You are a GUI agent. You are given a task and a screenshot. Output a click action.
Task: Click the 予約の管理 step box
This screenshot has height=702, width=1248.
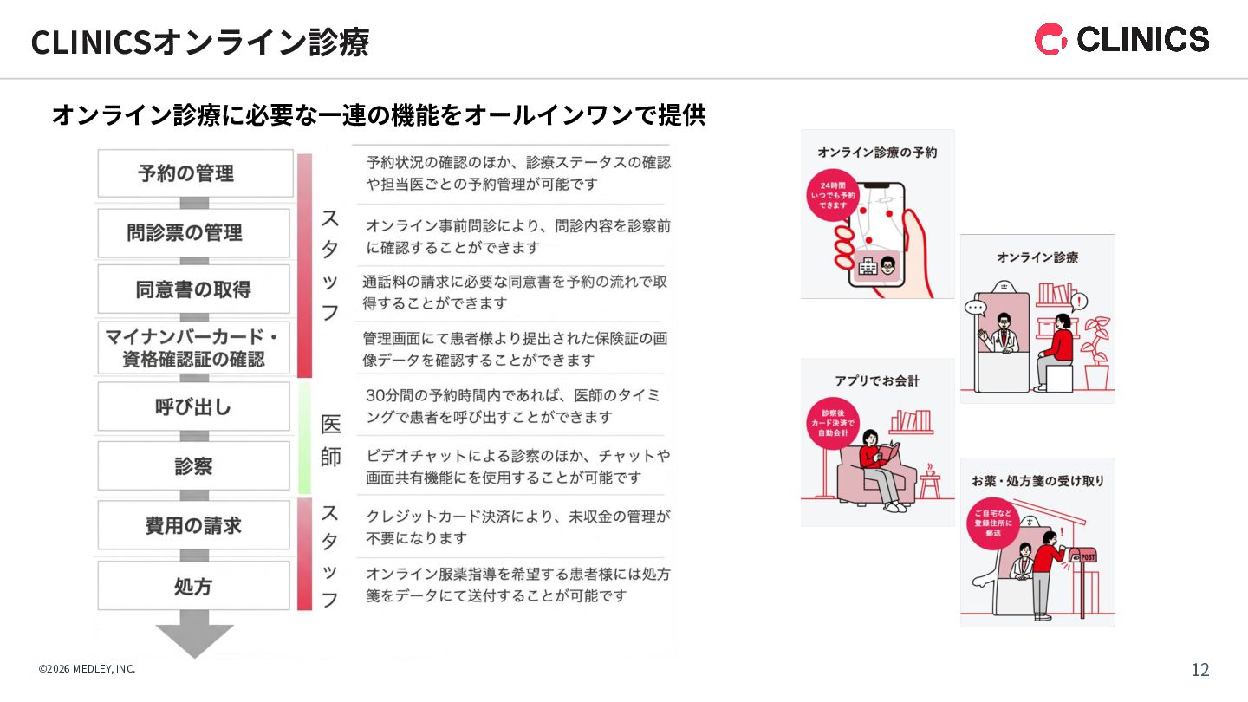[x=194, y=173]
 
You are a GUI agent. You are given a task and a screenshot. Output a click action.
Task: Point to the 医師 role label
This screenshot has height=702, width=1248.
[x=331, y=440]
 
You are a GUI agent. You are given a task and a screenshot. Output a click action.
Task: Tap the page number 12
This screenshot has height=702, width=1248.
[x=1200, y=670]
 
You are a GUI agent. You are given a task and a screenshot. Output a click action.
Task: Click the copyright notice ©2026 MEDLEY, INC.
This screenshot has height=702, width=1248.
[x=87, y=669]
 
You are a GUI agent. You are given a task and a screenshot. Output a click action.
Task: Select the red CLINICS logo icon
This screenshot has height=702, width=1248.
[x=1050, y=39]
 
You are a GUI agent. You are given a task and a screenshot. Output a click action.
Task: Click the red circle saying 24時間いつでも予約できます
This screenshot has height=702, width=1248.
[x=832, y=195]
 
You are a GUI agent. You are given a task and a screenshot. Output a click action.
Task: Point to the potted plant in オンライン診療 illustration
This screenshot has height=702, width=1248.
[x=1096, y=351]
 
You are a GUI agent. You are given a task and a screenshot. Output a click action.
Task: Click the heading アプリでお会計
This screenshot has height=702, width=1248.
[x=877, y=380]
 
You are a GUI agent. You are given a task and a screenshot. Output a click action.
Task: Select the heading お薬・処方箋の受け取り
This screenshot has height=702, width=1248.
[x=1037, y=480]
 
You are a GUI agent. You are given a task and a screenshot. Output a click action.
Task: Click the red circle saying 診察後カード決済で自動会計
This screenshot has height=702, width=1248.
[x=832, y=423]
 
